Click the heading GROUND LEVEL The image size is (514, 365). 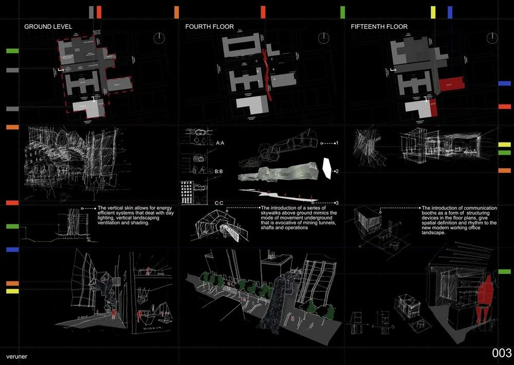click(x=48, y=26)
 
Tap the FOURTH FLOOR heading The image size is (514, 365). click(x=210, y=26)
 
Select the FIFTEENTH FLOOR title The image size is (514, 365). click(x=379, y=26)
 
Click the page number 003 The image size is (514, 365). click(x=501, y=353)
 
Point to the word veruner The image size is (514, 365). click(x=17, y=356)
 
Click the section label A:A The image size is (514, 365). click(x=223, y=143)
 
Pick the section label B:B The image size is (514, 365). click(x=223, y=171)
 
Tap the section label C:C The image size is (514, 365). click(x=219, y=203)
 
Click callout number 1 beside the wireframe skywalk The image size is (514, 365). click(x=336, y=143)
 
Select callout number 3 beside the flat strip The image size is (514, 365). click(x=336, y=203)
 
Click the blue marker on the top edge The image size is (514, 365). click(x=450, y=12)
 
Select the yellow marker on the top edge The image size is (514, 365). click(x=433, y=12)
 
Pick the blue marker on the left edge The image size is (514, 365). click(x=12, y=249)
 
